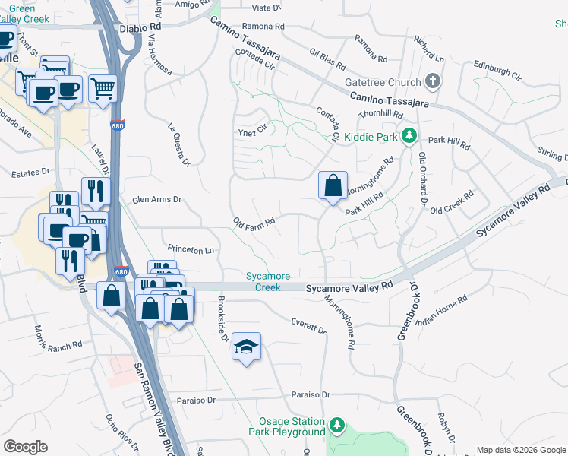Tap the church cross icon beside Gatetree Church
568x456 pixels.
coord(434,80)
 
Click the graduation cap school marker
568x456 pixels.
coord(246,347)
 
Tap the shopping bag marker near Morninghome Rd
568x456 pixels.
coord(333,185)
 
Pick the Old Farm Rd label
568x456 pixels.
coord(254,221)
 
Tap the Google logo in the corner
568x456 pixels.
coord(25,447)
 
